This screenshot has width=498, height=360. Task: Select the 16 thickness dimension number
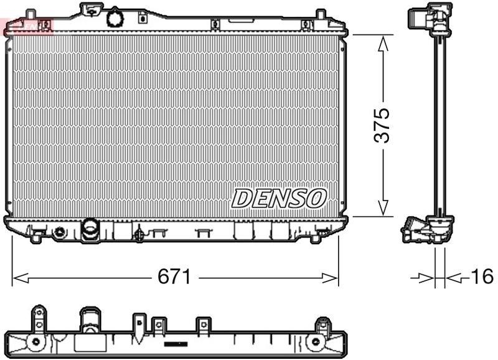click(481, 277)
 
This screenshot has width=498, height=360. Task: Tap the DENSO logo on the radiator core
click(279, 198)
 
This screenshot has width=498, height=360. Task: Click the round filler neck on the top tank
click(115, 17)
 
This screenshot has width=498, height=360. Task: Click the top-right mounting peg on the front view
click(319, 14)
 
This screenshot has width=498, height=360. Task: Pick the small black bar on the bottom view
click(176, 343)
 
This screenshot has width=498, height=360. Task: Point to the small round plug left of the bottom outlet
click(60, 232)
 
